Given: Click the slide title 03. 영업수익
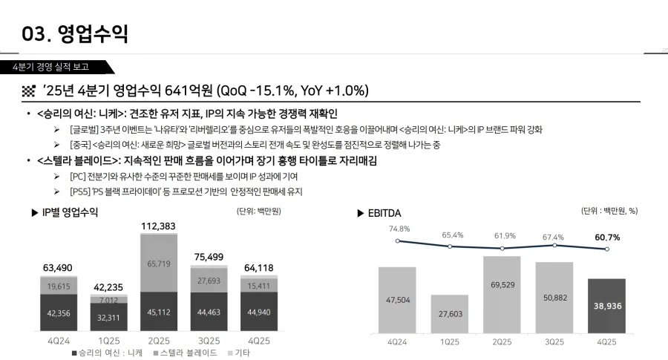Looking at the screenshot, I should pos(75,33).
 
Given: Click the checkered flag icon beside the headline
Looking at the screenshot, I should pos(29,91).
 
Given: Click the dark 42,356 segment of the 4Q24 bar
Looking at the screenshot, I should pos(59,313).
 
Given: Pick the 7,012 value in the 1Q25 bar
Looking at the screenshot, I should pos(108,300).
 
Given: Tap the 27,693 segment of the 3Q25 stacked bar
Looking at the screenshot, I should pos(210,281).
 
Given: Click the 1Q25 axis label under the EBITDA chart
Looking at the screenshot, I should pos(449,342).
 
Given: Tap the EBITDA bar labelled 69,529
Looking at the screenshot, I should pos(502,294).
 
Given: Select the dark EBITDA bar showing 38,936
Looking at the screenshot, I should pos(606,305).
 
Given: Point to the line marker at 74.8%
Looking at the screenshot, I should pos(398,240).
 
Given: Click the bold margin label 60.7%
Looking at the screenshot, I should pos(606,237).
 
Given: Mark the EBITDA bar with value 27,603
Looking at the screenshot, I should pos(449,314).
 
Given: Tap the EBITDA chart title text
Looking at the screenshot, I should pos(384,213).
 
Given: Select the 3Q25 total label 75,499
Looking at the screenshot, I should pos(209,257).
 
